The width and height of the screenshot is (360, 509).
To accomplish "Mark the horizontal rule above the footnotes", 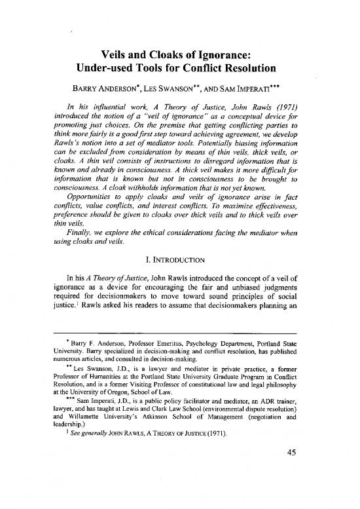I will point(179,350).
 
